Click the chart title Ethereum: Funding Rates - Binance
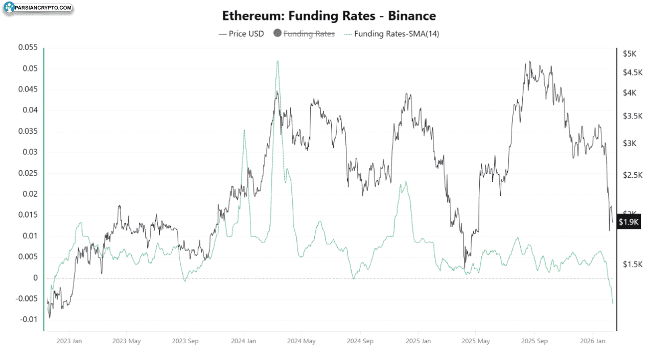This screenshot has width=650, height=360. click(x=329, y=16)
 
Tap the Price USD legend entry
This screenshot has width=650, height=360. click(x=242, y=34)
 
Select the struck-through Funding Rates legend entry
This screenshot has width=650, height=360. click(x=305, y=34)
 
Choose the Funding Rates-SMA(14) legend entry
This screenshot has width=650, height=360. click(x=391, y=34)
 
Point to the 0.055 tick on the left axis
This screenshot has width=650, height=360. click(x=28, y=47)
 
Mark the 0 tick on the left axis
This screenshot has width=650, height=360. click(x=36, y=278)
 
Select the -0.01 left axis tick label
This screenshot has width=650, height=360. click(x=28, y=320)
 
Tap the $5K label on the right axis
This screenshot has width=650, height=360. click(x=629, y=54)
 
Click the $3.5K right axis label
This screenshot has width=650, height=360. click(x=632, y=116)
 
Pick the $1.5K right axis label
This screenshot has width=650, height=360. click(x=632, y=263)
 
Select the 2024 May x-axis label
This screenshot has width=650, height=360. click(x=301, y=341)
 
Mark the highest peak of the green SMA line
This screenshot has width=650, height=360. click(x=277, y=61)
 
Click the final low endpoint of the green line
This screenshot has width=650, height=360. click(x=613, y=304)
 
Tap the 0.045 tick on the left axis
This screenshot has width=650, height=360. click(x=28, y=89)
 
